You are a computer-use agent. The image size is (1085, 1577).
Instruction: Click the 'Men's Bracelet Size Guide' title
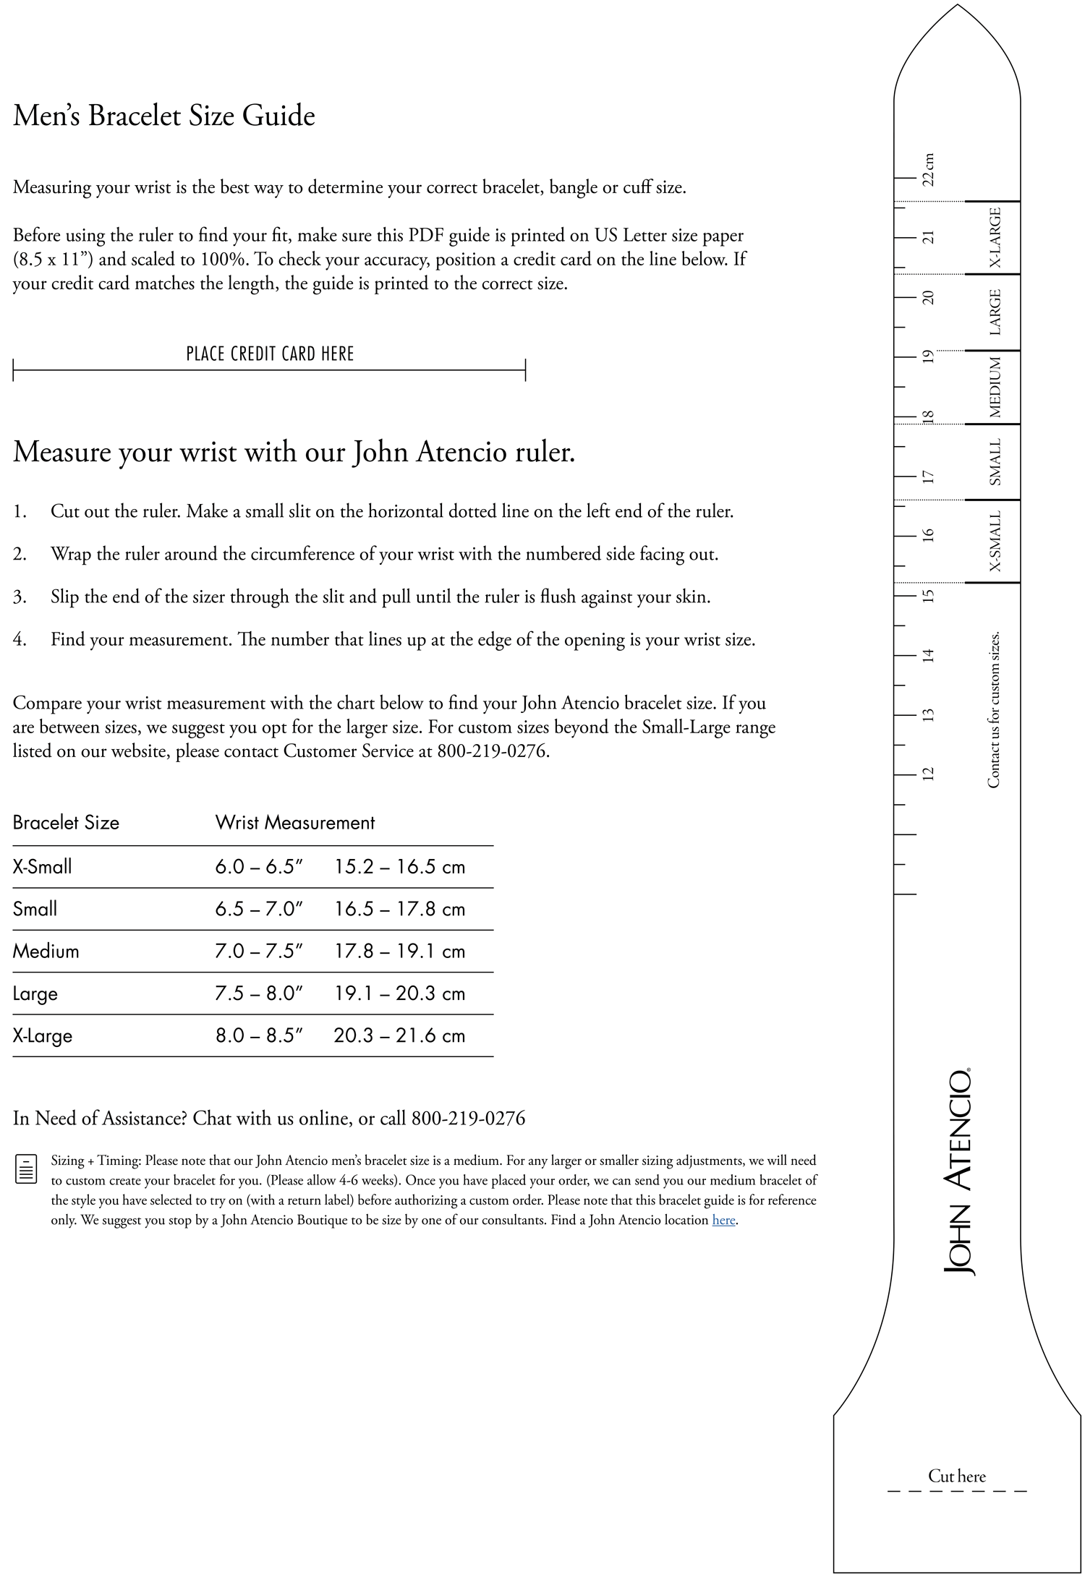164,116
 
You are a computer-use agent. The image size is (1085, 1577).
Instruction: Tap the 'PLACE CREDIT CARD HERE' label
270,354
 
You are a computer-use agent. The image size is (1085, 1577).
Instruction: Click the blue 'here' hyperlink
723,1220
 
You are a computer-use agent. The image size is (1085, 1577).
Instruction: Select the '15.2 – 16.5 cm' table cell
399,866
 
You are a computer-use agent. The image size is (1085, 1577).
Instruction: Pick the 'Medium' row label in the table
46,951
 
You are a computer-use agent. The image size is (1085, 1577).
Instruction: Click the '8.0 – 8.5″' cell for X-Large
258,1035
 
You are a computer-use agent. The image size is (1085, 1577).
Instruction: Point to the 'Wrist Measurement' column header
295,822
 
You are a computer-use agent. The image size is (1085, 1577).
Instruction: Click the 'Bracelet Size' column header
66,822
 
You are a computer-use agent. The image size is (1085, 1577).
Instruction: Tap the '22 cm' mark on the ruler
929,169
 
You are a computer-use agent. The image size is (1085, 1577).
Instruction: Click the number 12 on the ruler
929,774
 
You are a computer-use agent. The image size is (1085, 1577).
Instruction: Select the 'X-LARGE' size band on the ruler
995,237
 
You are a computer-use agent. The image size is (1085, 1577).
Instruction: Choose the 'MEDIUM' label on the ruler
995,388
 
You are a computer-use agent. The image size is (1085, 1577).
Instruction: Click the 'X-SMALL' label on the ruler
995,542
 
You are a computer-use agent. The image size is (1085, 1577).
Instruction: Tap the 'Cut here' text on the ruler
957,1476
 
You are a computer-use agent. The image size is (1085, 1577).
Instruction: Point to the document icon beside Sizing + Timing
26,1169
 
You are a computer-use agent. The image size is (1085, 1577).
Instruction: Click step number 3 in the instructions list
20,597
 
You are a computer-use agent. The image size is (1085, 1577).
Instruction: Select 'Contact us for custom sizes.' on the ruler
994,709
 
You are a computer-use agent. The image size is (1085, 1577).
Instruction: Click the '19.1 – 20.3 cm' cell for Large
399,993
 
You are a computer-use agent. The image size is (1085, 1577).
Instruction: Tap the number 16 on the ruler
929,535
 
